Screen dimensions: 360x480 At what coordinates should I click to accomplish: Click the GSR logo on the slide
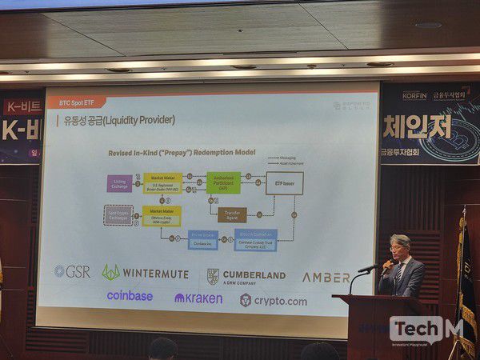(72, 272)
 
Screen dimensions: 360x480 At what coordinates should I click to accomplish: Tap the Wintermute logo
(145, 273)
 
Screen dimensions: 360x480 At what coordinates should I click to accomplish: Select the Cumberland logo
(246, 276)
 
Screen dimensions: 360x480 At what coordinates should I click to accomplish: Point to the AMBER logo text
(326, 277)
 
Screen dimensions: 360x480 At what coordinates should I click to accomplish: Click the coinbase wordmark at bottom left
(130, 296)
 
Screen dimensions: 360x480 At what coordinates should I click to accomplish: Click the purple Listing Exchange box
(119, 183)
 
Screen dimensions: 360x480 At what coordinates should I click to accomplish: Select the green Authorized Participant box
(223, 182)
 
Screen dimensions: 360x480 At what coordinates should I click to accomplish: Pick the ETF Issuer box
(284, 183)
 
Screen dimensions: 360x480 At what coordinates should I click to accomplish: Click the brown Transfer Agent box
(232, 214)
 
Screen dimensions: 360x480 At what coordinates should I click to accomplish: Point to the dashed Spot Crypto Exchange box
(118, 214)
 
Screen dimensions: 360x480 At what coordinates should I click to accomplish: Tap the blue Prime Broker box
(203, 238)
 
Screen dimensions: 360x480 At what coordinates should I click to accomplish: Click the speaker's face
(400, 248)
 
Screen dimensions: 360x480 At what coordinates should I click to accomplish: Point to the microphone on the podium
(370, 269)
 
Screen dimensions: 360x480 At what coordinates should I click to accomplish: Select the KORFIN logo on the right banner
(414, 94)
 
